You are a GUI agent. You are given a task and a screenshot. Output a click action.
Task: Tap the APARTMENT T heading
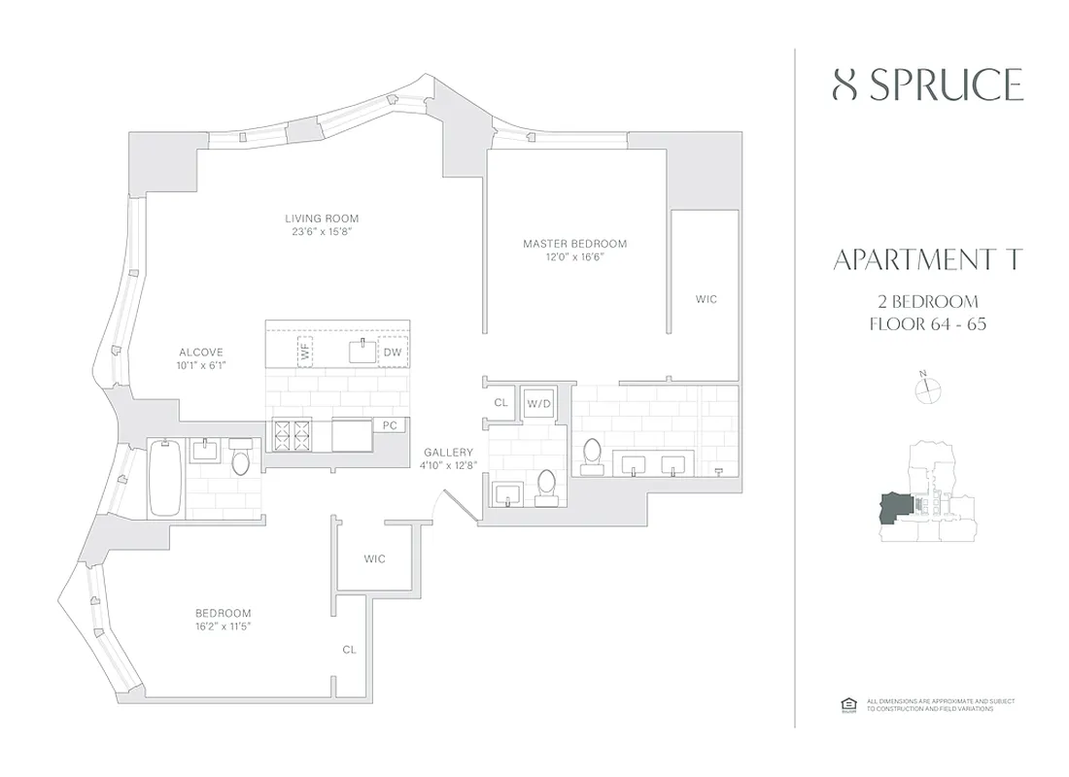click(928, 260)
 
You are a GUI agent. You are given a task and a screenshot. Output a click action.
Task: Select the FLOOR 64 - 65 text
click(928, 323)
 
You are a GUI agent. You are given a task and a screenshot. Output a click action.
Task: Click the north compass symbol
click(929, 388)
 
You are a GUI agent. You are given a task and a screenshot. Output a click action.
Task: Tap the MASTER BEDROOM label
click(574, 244)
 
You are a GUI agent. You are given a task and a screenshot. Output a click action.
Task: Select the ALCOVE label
click(201, 353)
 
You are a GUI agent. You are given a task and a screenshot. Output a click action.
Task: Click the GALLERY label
click(448, 453)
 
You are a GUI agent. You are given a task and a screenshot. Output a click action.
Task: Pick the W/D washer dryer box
click(538, 403)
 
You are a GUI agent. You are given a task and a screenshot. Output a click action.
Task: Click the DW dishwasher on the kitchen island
click(393, 352)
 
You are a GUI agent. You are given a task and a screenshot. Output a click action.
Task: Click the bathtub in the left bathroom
click(163, 478)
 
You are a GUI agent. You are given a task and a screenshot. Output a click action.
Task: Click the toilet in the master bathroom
click(592, 454)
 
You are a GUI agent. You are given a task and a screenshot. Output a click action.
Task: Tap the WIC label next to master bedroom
click(707, 299)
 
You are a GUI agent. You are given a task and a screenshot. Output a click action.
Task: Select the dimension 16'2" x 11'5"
click(224, 626)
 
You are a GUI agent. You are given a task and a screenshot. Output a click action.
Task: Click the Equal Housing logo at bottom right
click(846, 704)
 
